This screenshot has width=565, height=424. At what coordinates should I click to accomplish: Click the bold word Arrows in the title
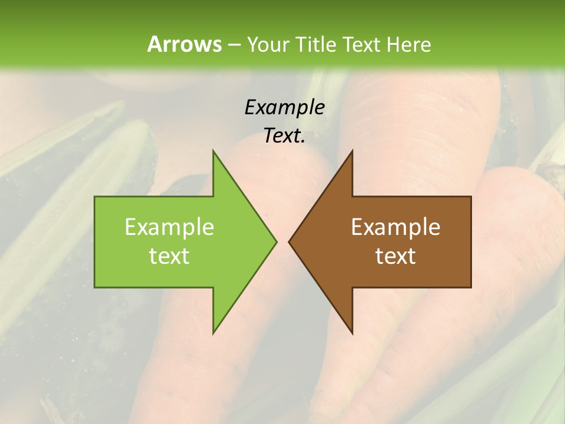184,44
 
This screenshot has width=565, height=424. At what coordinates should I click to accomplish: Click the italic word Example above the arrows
284,108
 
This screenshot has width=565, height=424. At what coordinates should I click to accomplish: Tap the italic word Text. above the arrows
284,136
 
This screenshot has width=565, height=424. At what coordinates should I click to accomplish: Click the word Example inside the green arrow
169,227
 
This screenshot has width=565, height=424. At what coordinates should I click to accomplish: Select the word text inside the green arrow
169,256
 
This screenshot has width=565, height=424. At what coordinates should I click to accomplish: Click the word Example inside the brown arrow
395,227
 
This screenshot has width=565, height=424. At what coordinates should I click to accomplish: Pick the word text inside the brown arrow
395,256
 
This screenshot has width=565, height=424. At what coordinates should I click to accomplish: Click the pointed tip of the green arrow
276,241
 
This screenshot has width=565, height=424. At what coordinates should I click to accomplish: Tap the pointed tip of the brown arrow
289,241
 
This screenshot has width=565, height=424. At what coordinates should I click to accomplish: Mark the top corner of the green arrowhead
213,151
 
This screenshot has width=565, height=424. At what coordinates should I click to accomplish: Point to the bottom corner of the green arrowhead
213,333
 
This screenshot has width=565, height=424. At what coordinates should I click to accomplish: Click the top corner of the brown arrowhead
352,151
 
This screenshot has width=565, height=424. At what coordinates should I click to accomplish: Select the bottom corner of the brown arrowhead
352,333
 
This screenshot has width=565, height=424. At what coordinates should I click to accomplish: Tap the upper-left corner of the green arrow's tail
95,197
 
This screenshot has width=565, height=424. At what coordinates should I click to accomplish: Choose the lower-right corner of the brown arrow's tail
471,287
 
